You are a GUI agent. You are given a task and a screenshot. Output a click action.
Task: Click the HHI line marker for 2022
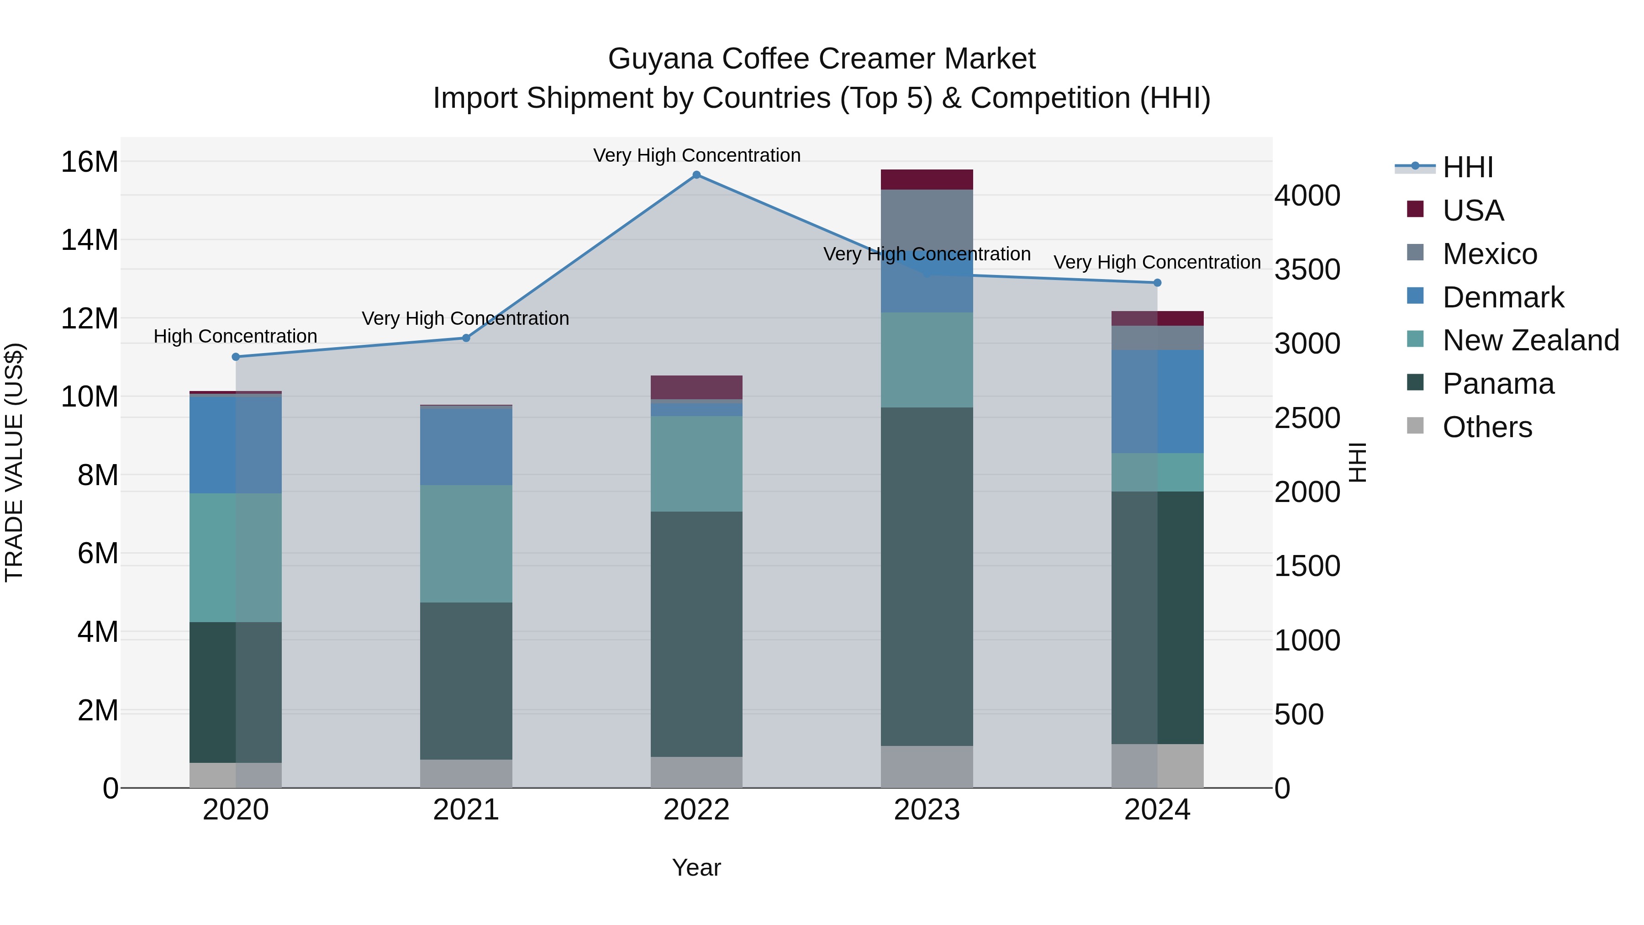[x=696, y=175]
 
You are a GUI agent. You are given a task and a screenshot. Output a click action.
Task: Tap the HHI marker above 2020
[x=236, y=357]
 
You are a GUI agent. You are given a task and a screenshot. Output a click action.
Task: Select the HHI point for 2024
[x=1157, y=283]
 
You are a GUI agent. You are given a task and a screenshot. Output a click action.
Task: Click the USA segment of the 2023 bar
[x=927, y=180]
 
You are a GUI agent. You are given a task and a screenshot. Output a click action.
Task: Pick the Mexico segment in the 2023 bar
[x=927, y=220]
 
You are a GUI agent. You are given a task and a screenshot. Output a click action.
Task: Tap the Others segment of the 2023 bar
[x=927, y=766]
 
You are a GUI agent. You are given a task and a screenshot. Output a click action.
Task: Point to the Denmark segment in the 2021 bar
[x=466, y=446]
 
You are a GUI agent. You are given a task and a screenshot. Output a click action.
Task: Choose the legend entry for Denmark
[x=1502, y=297]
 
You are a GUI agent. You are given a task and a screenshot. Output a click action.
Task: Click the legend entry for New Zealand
[x=1530, y=340]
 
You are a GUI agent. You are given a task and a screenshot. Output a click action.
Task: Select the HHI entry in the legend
[x=1467, y=167]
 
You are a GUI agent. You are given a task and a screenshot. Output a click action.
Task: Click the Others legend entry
[x=1486, y=427]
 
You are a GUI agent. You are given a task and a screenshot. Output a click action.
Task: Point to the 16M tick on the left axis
[x=90, y=162]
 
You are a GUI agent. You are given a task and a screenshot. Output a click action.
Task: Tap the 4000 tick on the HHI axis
[x=1307, y=196]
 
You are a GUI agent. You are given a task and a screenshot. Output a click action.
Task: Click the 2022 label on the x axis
[x=696, y=810]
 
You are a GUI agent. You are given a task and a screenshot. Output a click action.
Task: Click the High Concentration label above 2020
[x=236, y=336]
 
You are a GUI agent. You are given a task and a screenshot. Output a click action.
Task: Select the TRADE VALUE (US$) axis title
[x=14, y=462]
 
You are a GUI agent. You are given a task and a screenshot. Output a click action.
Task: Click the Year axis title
[x=696, y=867]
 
